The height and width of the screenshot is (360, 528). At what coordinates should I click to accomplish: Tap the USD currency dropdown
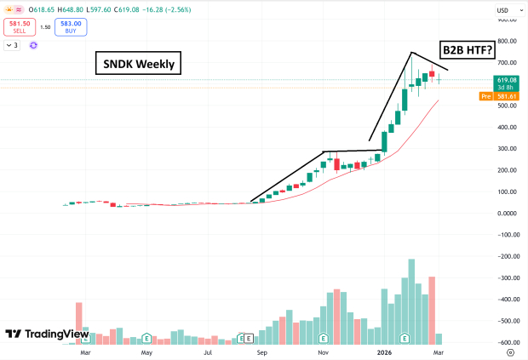point(504,10)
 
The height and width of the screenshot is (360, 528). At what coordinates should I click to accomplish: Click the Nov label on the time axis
point(323,351)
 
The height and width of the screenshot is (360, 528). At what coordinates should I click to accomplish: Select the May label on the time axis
point(146,351)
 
